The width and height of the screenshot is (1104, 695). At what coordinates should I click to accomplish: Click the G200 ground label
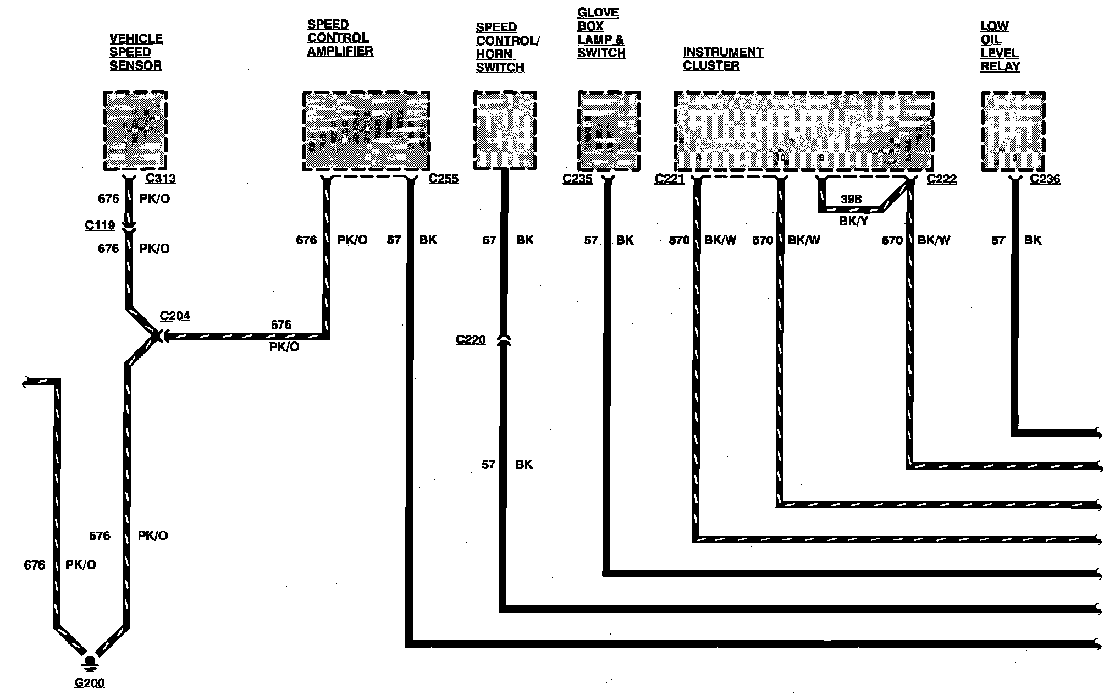(90, 683)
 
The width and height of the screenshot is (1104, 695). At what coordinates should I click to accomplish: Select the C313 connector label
(161, 179)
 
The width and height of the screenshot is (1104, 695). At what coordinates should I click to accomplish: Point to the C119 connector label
(100, 225)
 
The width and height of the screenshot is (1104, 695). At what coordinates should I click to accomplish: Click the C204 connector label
(175, 316)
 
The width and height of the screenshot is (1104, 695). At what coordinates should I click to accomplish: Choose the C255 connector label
(443, 179)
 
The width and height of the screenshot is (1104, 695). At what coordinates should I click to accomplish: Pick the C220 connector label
(471, 340)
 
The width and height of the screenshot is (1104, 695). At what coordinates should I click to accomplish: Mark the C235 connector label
(577, 179)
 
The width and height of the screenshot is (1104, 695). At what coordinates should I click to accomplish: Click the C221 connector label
(669, 179)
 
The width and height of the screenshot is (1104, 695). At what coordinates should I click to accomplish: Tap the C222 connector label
(942, 179)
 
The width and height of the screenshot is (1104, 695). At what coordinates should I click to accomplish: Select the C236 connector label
(1045, 179)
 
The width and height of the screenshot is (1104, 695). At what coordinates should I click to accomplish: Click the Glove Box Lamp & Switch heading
(601, 33)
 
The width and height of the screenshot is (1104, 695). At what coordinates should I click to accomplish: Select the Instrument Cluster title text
(722, 59)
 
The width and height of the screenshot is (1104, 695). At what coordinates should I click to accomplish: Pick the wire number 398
(851, 199)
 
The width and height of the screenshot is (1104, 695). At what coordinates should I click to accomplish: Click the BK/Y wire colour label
(853, 222)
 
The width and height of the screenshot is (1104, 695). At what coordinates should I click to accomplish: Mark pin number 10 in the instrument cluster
(780, 158)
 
